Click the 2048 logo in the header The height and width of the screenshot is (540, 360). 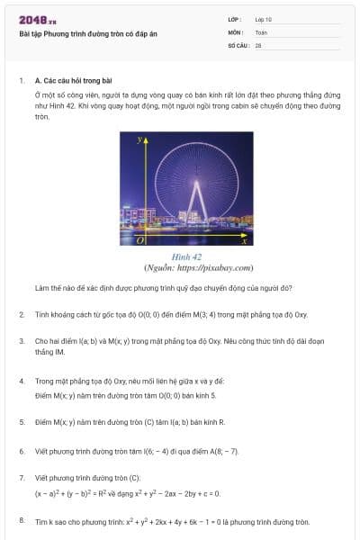pyautogui.click(x=36, y=21)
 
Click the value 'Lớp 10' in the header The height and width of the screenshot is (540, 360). pyautogui.click(x=264, y=19)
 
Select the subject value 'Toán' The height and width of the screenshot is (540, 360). pyautogui.click(x=261, y=31)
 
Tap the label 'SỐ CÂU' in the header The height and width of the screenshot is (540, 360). pyautogui.click(x=238, y=44)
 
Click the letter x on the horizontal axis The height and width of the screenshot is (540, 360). pyautogui.click(x=244, y=241)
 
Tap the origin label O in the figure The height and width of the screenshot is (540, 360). pyautogui.click(x=139, y=241)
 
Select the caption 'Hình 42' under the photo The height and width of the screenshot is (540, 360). pyautogui.click(x=186, y=256)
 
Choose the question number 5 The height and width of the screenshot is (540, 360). pyautogui.click(x=21, y=421)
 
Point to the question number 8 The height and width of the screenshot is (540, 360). pyautogui.click(x=21, y=520)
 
